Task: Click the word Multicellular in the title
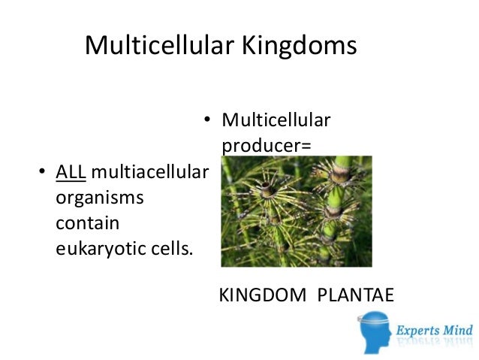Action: (x=158, y=46)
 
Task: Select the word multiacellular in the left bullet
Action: (x=149, y=174)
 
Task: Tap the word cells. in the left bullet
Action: (x=170, y=249)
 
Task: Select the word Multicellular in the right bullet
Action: (x=276, y=119)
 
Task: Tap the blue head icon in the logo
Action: (x=376, y=331)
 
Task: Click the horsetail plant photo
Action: (x=296, y=211)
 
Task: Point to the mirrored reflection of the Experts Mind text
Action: (x=435, y=343)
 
